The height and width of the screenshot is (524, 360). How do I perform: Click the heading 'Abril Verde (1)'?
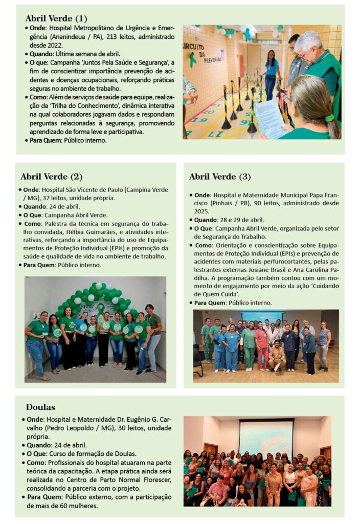56,19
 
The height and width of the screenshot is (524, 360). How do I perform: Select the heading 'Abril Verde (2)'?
51,177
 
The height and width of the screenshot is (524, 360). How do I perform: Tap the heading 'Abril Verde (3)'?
220,177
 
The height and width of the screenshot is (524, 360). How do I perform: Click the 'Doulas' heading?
40,407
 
